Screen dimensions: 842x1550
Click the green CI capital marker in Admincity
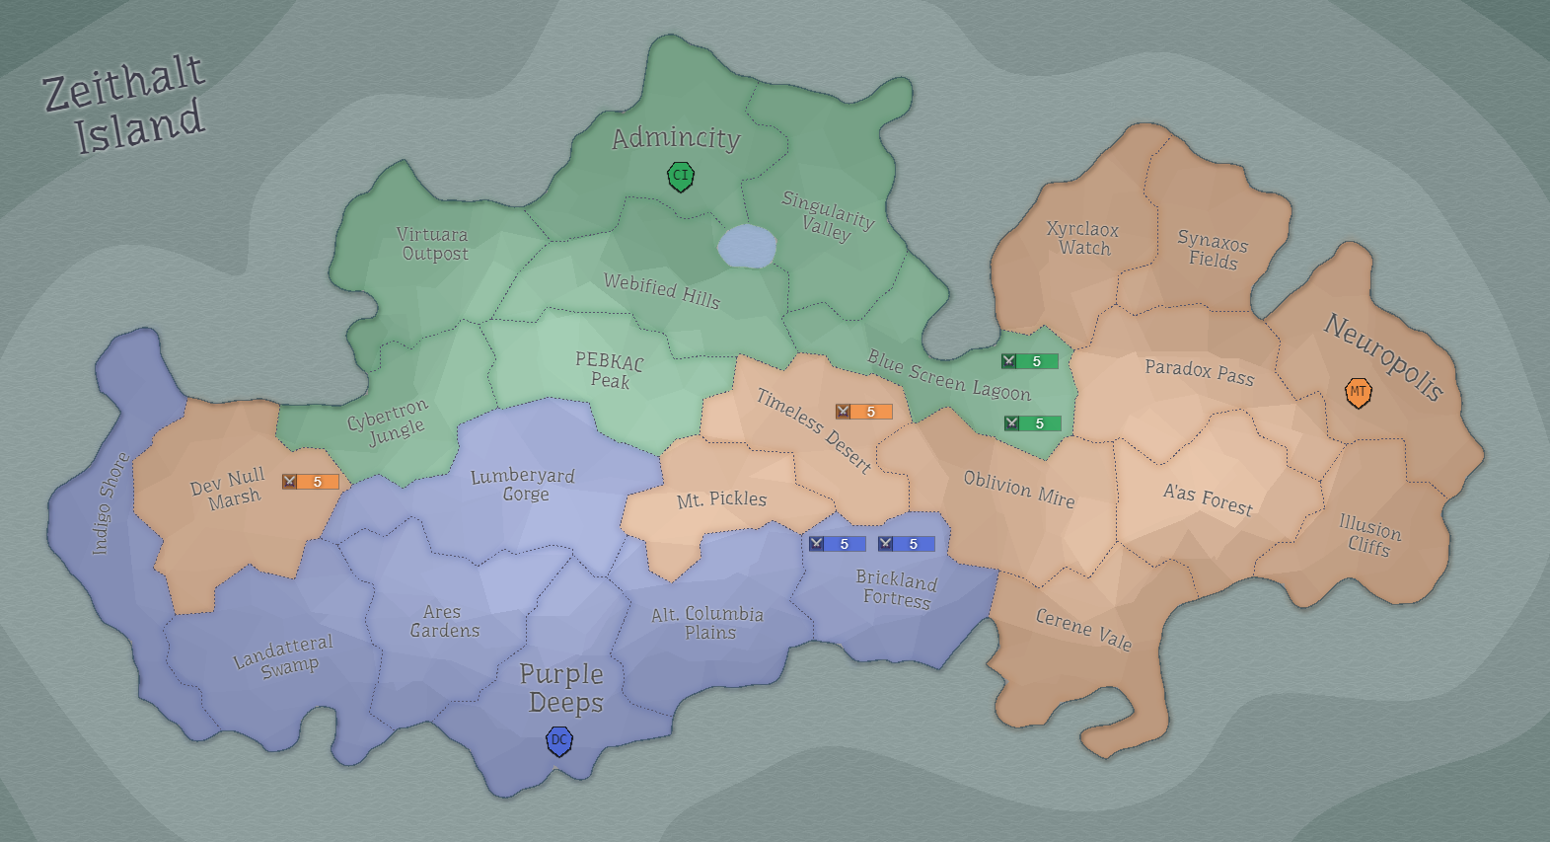(680, 177)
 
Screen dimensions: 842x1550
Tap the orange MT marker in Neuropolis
(1359, 393)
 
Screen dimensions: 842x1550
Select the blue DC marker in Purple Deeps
(559, 740)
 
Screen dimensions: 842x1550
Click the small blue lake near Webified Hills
(747, 246)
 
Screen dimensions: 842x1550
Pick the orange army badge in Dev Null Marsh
(310, 482)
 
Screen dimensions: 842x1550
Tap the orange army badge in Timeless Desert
(863, 412)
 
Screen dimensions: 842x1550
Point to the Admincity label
(676, 138)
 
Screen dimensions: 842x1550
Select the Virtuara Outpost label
(433, 244)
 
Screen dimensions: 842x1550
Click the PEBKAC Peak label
(610, 370)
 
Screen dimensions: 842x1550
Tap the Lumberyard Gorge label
(523, 485)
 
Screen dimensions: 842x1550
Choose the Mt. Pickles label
(721, 499)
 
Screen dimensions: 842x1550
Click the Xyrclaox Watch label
(1083, 238)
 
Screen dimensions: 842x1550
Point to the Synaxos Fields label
(1213, 251)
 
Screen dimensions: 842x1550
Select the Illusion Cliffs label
(1369, 535)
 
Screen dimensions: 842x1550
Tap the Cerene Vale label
(1083, 629)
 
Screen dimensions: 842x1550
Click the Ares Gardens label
(444, 621)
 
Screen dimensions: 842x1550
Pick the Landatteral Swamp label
(284, 655)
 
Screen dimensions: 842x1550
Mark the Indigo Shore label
(111, 503)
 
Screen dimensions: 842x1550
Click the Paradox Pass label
(1200, 372)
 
